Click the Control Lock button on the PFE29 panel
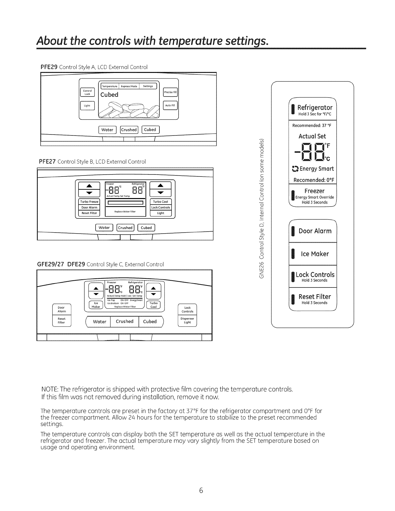[87, 92]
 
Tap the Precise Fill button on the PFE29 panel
[170, 92]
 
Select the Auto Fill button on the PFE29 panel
[170, 105]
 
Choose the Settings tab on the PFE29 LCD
[148, 86]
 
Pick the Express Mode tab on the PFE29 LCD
[129, 86]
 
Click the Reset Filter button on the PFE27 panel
[89, 213]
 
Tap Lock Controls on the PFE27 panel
[161, 207]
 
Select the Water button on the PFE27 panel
[104, 227]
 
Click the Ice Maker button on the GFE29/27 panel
[96, 305]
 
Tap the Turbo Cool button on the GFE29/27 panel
[154, 305]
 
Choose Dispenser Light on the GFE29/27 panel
[187, 320]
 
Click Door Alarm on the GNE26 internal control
[315, 231]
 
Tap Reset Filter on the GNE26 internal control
[315, 298]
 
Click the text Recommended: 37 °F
[312, 125]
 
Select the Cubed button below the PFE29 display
[150, 130]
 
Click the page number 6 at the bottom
[201, 491]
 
